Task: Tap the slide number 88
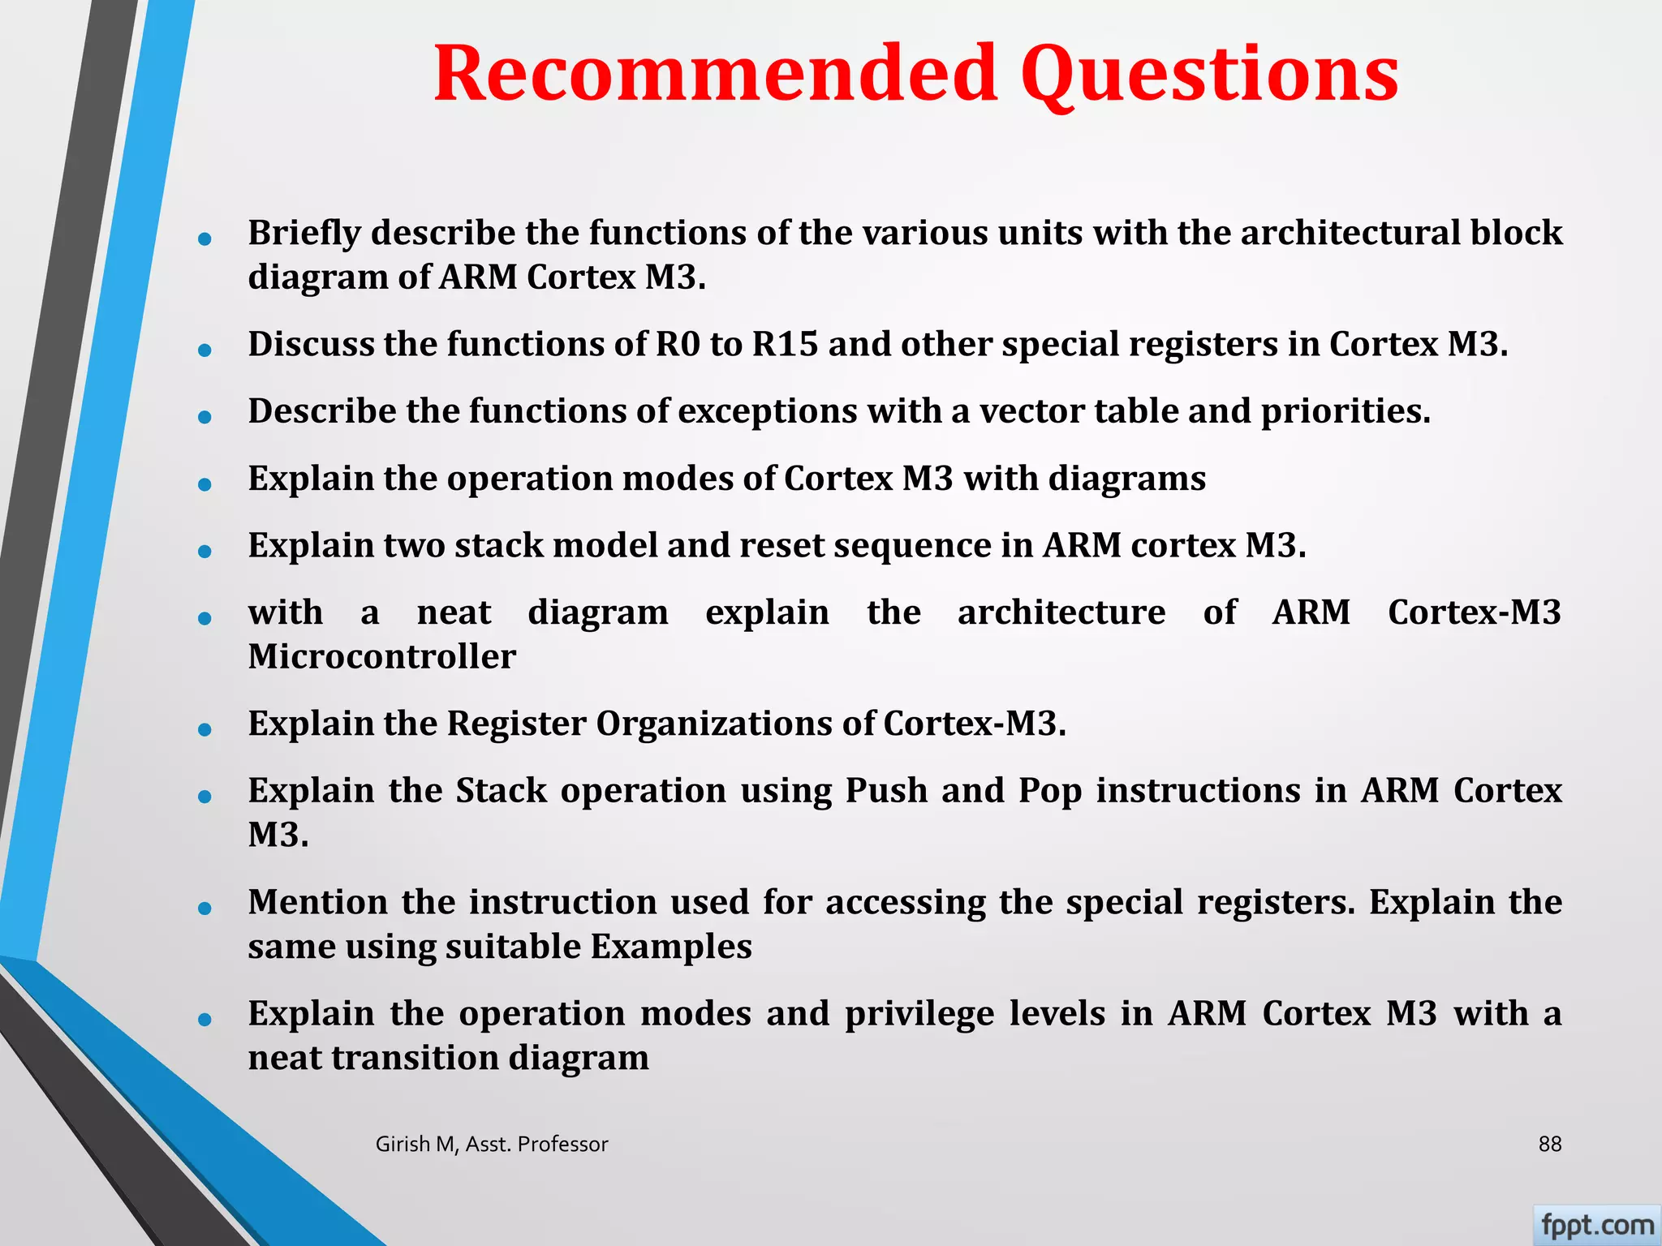[1549, 1144]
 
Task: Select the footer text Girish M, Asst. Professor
[491, 1144]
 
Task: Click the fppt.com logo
[1596, 1225]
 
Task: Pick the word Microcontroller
[381, 657]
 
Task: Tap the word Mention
[317, 903]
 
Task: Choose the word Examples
[671, 947]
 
